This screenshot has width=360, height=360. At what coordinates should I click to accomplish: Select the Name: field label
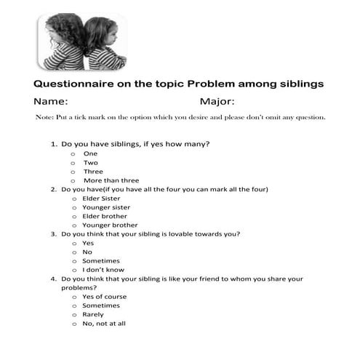click(51, 102)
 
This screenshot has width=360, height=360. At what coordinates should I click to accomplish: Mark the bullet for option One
click(73, 154)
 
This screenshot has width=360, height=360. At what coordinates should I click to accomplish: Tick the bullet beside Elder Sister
click(73, 199)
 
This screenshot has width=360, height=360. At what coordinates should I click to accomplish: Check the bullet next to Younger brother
click(73, 225)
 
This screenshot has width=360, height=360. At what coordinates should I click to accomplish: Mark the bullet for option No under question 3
click(73, 252)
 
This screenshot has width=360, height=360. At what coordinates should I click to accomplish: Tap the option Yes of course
click(104, 297)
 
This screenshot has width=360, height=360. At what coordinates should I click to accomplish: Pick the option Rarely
click(93, 315)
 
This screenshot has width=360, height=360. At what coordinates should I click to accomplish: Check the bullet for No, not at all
click(73, 324)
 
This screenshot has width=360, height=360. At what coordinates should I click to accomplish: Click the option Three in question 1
click(93, 172)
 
